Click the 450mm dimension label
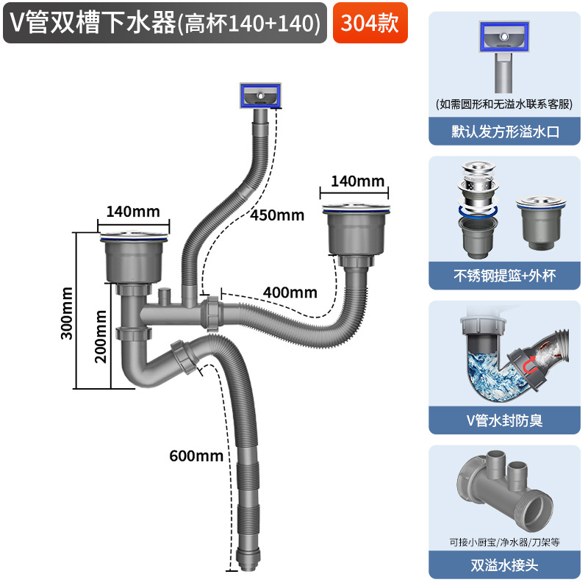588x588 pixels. tap(276, 215)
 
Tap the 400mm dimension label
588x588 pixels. tap(291, 293)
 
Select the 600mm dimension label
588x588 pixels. tap(196, 456)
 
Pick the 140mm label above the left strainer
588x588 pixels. tap(133, 211)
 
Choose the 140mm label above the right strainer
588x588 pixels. tap(358, 181)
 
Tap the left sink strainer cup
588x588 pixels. tap(134, 261)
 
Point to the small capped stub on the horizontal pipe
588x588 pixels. tap(164, 298)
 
